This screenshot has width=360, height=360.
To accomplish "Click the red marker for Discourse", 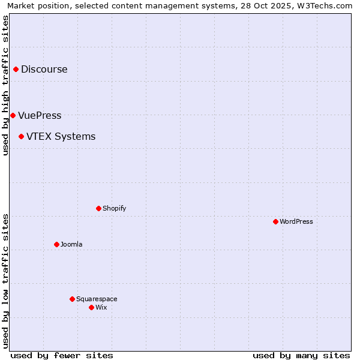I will pos(16,70).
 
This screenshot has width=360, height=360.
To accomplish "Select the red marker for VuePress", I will pos(13,115).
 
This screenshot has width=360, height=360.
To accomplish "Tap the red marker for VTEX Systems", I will pos(21,137).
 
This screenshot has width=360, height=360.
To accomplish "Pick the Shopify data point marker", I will pos(98,208).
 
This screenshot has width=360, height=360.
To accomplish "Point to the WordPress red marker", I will pos(275,221).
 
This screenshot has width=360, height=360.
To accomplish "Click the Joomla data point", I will pos(56,244).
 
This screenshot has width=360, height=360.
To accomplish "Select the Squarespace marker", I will pos(72,299).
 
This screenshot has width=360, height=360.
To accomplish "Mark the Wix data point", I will pos(91,307).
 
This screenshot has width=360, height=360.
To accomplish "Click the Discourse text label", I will pos(44,70).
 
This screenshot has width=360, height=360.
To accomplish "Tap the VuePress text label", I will pos(40,116).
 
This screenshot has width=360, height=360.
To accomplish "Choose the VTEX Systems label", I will pos(61,137).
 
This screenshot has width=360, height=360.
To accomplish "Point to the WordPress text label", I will pos(296,222).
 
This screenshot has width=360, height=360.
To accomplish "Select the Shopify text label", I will pos(115,209).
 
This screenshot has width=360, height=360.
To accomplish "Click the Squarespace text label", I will pos(97,299).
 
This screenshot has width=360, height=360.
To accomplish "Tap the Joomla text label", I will pos(71,245).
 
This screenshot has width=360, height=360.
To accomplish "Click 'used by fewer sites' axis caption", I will pos(62,355).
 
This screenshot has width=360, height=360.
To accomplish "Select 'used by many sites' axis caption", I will pos(301,355).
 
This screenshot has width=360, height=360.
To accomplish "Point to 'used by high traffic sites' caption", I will pos(5,85).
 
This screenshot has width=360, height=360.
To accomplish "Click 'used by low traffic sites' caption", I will pos(5,281).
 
